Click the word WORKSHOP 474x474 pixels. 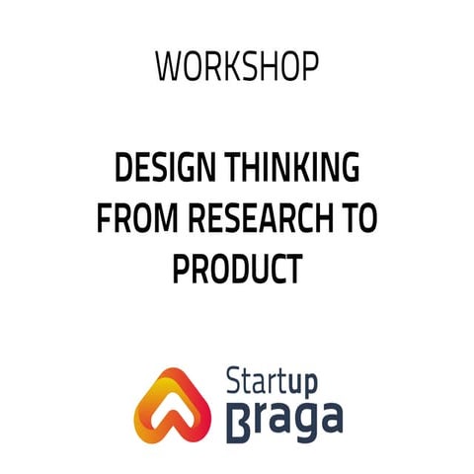[237, 66]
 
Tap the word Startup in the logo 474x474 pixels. [282, 379]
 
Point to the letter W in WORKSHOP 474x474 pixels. [168, 66]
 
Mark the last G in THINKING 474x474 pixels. [350, 171]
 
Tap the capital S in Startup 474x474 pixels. [235, 379]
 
